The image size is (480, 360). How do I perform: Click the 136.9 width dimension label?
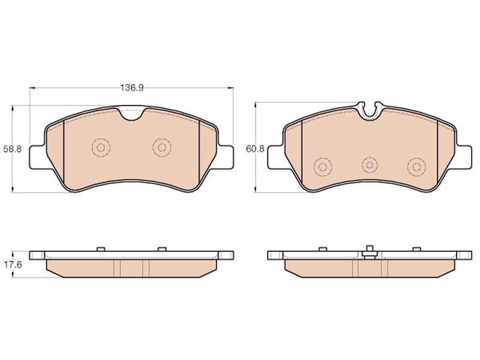click(x=131, y=88)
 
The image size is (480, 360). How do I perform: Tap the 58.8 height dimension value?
click(x=13, y=149)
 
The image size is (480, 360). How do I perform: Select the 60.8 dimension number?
click(x=255, y=149)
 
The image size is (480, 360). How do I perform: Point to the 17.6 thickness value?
click(x=13, y=265)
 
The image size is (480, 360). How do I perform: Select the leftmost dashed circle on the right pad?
click(x=323, y=167)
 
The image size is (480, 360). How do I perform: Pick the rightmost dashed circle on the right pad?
click(x=416, y=167)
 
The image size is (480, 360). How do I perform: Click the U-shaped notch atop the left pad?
click(x=132, y=115)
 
